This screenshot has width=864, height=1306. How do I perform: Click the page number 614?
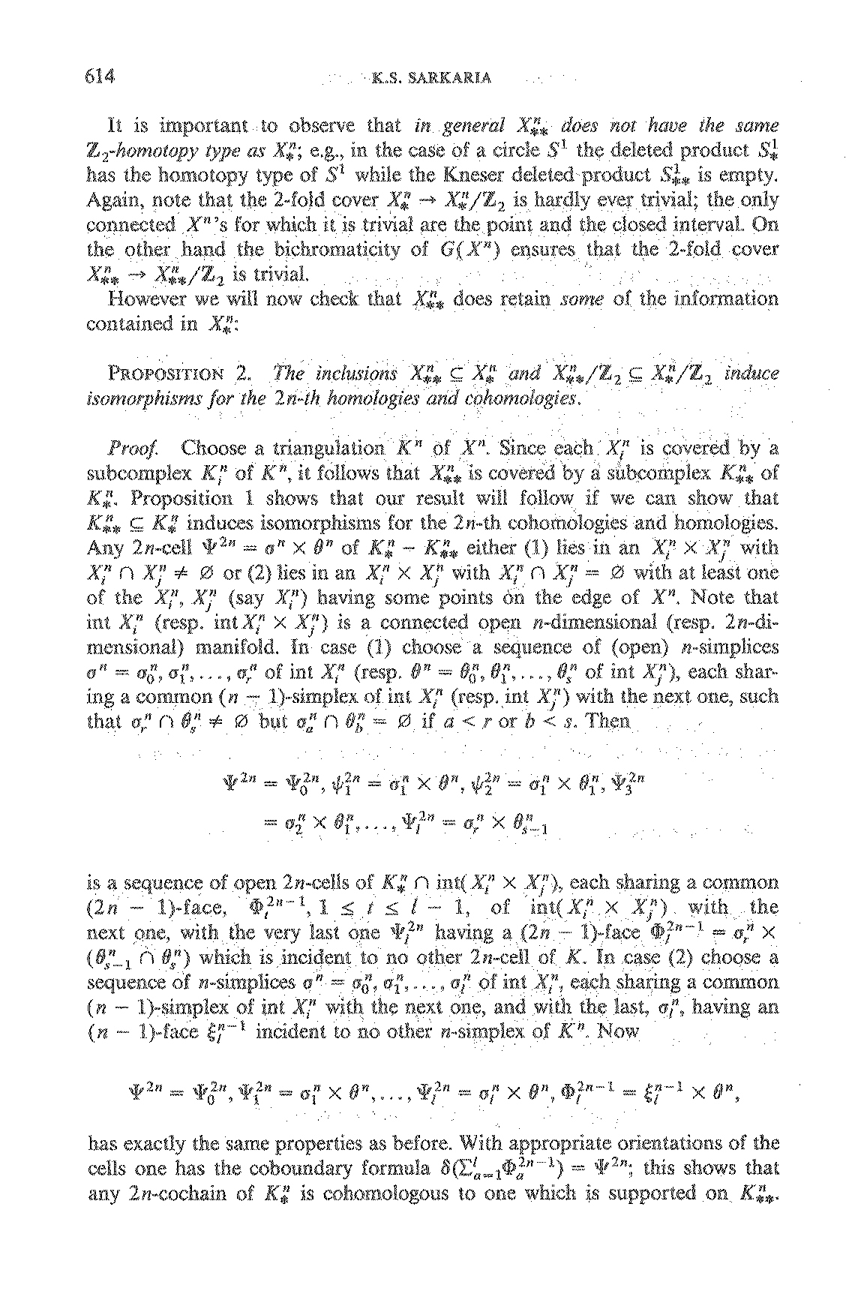97,77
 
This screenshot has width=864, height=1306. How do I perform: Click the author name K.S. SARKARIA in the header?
430,78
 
